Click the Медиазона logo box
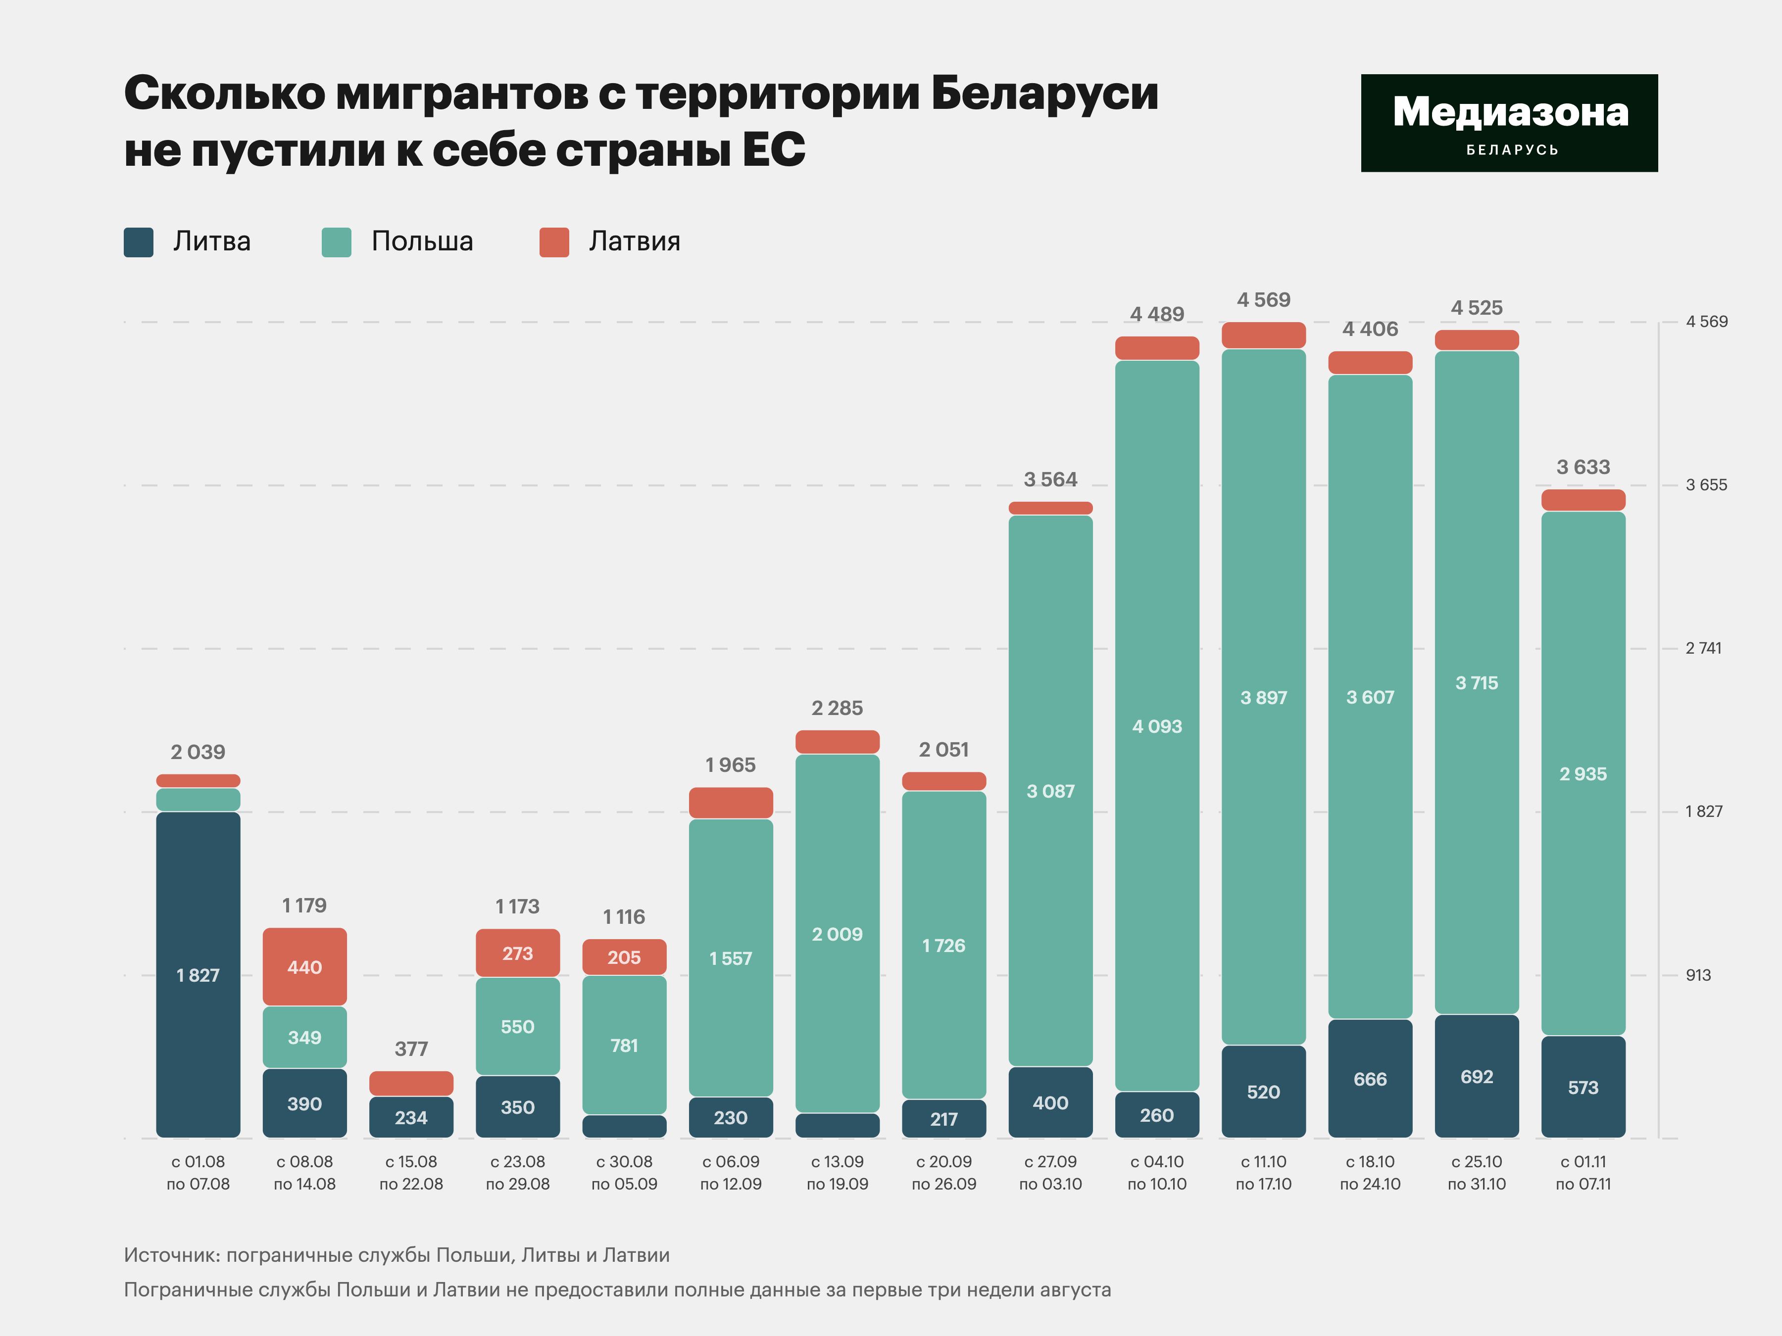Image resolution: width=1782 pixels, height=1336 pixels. pyautogui.click(x=1509, y=123)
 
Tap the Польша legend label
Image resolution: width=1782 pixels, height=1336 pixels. pyautogui.click(x=422, y=241)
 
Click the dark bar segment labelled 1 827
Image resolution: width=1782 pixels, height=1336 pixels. pyautogui.click(x=198, y=974)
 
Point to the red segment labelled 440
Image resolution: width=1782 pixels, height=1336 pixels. pyautogui.click(x=304, y=966)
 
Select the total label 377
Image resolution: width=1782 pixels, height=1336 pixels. pyautogui.click(x=411, y=1049)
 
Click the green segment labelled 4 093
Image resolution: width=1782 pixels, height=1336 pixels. pyautogui.click(x=1157, y=725)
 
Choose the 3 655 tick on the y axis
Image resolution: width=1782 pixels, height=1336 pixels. pyautogui.click(x=1706, y=485)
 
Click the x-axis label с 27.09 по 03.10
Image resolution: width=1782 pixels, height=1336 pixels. pyautogui.click(x=1050, y=1173)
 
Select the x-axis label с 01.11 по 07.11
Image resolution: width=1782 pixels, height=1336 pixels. pyautogui.click(x=1583, y=1173)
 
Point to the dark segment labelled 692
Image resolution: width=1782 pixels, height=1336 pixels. pyautogui.click(x=1477, y=1077)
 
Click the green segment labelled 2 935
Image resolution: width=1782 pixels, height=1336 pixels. pyautogui.click(x=1583, y=773)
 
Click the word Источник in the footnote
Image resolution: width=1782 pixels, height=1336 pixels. pyautogui.click(x=170, y=1255)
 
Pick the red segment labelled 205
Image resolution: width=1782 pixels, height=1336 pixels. pyautogui.click(x=624, y=956)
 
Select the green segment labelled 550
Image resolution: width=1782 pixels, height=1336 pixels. pyautogui.click(x=517, y=1026)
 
